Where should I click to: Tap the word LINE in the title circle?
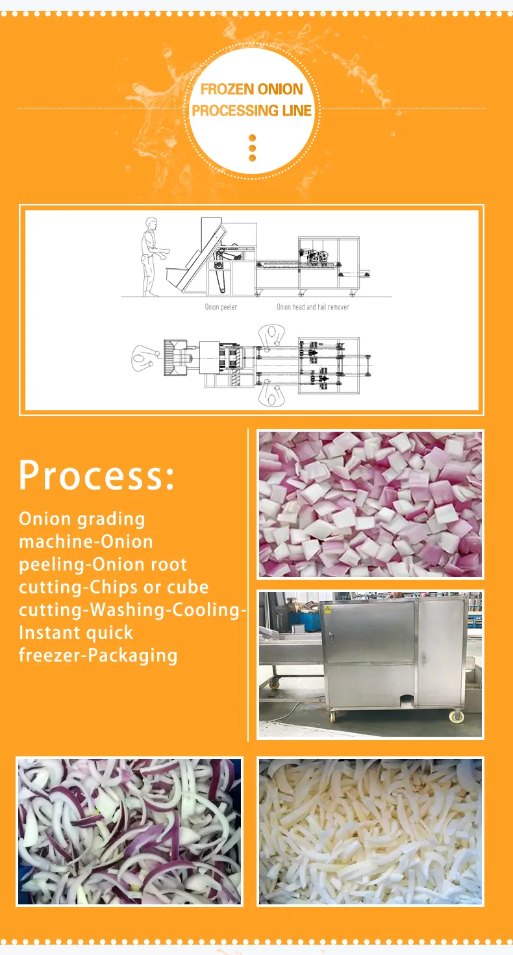click(296, 110)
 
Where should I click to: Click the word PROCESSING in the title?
click(234, 110)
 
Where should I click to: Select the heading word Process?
click(97, 475)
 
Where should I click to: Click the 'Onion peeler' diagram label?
click(221, 307)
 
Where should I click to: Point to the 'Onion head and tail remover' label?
click(313, 307)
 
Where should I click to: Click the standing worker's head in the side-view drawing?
click(151, 224)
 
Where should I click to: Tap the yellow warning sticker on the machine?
click(327, 609)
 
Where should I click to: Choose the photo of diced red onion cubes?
click(370, 504)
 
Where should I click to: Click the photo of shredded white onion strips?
click(370, 831)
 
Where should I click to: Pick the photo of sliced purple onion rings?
click(129, 831)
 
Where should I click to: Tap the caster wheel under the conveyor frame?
click(275, 682)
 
